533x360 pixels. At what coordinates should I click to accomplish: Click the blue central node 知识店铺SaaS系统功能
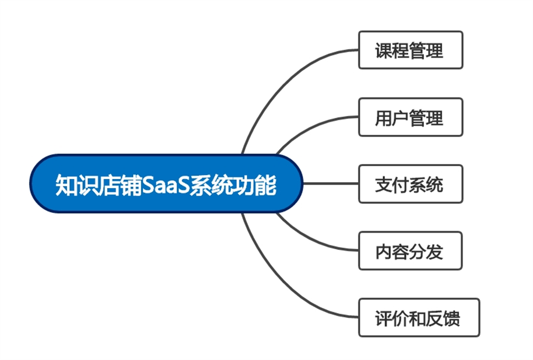click(166, 184)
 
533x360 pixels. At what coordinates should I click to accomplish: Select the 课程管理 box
click(410, 50)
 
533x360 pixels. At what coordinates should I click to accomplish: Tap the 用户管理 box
click(410, 117)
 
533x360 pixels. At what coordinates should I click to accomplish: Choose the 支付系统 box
click(410, 184)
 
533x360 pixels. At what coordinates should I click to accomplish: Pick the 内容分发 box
click(410, 251)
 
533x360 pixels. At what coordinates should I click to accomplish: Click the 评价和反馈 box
click(419, 318)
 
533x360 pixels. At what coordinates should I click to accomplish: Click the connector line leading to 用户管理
click(309, 125)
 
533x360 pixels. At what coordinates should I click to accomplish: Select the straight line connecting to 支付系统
click(330, 184)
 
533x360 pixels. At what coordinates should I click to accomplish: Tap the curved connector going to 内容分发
click(309, 242)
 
